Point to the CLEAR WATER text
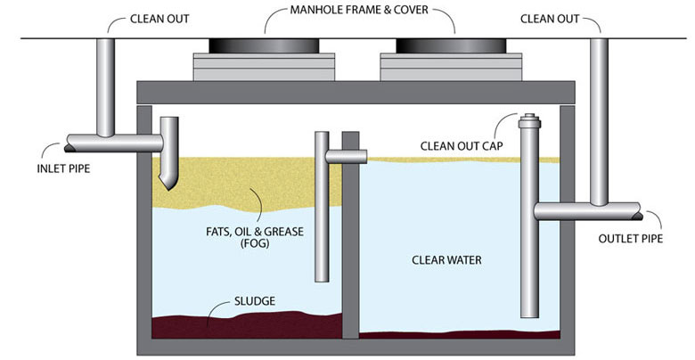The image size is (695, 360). [446, 260]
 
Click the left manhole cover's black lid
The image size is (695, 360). [265, 45]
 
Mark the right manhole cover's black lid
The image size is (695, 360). [452, 45]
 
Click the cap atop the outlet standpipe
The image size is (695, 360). [530, 119]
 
